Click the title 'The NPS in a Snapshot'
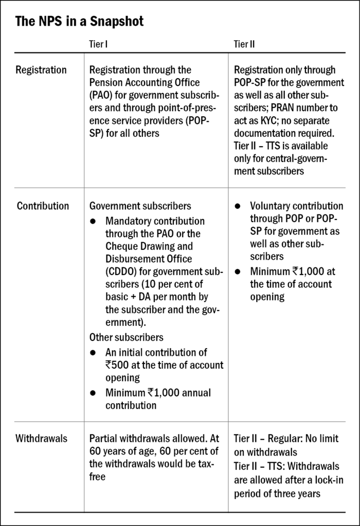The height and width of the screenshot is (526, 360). coord(79,22)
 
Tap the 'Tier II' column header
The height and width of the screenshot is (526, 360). coord(244,44)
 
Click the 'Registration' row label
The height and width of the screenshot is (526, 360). coord(41,70)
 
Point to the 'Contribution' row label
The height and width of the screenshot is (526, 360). coord(43,206)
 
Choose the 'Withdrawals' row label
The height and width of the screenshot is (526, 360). coord(41,438)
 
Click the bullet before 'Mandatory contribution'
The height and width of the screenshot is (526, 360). coord(93,221)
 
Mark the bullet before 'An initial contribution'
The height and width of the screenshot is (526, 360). coord(93,352)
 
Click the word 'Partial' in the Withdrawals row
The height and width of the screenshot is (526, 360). coord(103,438)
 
